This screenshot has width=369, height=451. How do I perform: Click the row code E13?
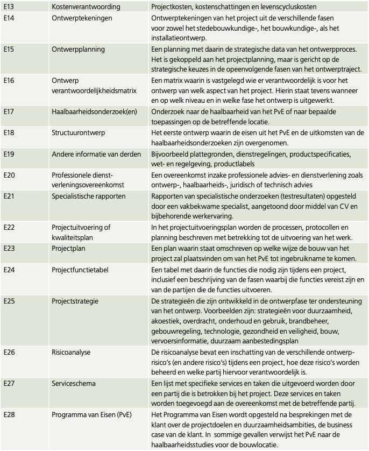(x=9, y=6)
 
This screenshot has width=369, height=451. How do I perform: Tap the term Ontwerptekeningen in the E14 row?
(x=82, y=18)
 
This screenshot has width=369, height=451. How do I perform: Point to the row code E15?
(x=9, y=49)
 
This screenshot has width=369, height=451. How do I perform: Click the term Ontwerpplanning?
(x=79, y=49)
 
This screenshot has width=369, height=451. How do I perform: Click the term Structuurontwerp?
(x=79, y=132)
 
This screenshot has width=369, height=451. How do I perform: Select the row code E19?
(x=9, y=154)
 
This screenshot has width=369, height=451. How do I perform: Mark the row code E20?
(x=9, y=175)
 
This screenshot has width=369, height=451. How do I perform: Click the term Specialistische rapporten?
(x=89, y=196)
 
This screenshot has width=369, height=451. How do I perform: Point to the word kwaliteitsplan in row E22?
(x=74, y=237)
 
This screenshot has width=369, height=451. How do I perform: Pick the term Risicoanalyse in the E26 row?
(x=71, y=353)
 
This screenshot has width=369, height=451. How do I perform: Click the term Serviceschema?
(x=74, y=384)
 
